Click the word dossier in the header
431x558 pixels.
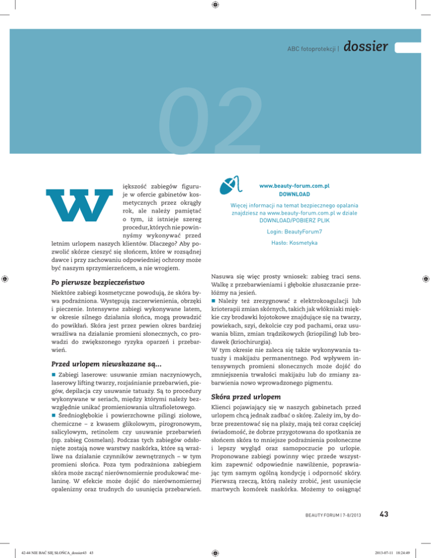pyautogui.click(x=365, y=47)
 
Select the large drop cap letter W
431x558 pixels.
pyautogui.click(x=76, y=209)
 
